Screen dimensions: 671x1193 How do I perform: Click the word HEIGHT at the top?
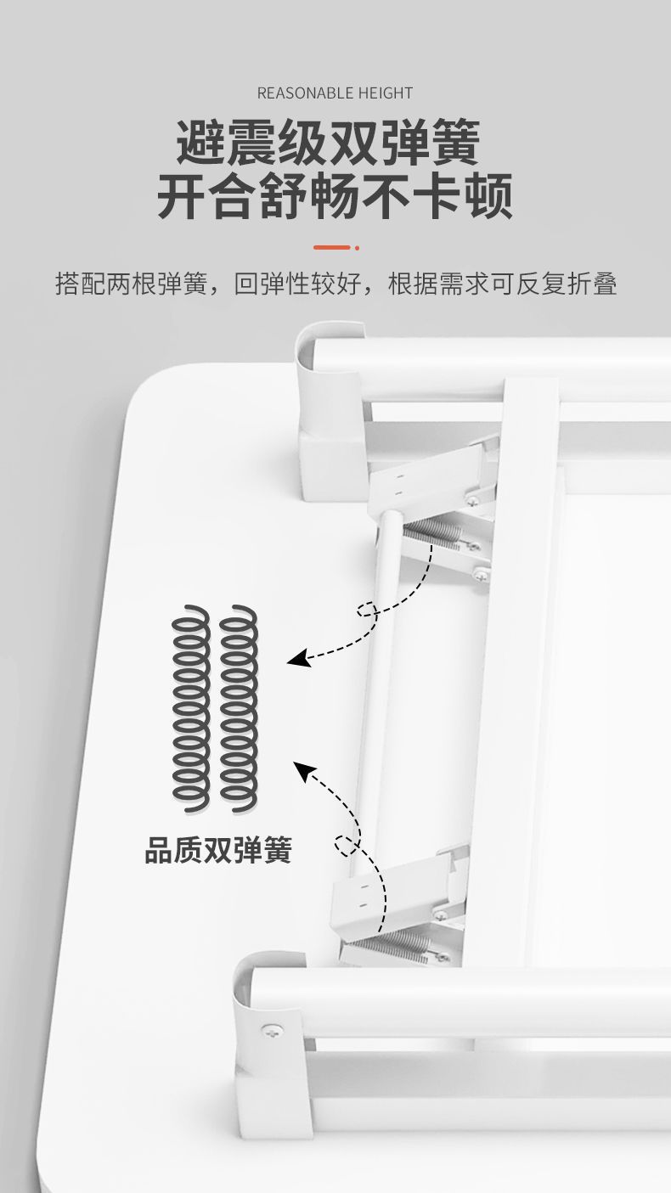pyautogui.click(x=386, y=93)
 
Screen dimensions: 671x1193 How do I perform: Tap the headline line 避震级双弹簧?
pyautogui.click(x=328, y=142)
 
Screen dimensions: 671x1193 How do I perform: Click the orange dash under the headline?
pyautogui.click(x=331, y=247)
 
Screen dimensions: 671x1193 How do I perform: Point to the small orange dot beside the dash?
pyautogui.click(x=358, y=247)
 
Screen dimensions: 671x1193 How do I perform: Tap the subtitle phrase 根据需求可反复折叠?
pyautogui.click(x=502, y=284)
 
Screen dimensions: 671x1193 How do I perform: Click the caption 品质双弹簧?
pyautogui.click(x=217, y=850)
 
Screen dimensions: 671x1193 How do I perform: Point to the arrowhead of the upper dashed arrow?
pyautogui.click(x=295, y=659)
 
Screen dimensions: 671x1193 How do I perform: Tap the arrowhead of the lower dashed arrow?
pyautogui.click(x=301, y=768)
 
